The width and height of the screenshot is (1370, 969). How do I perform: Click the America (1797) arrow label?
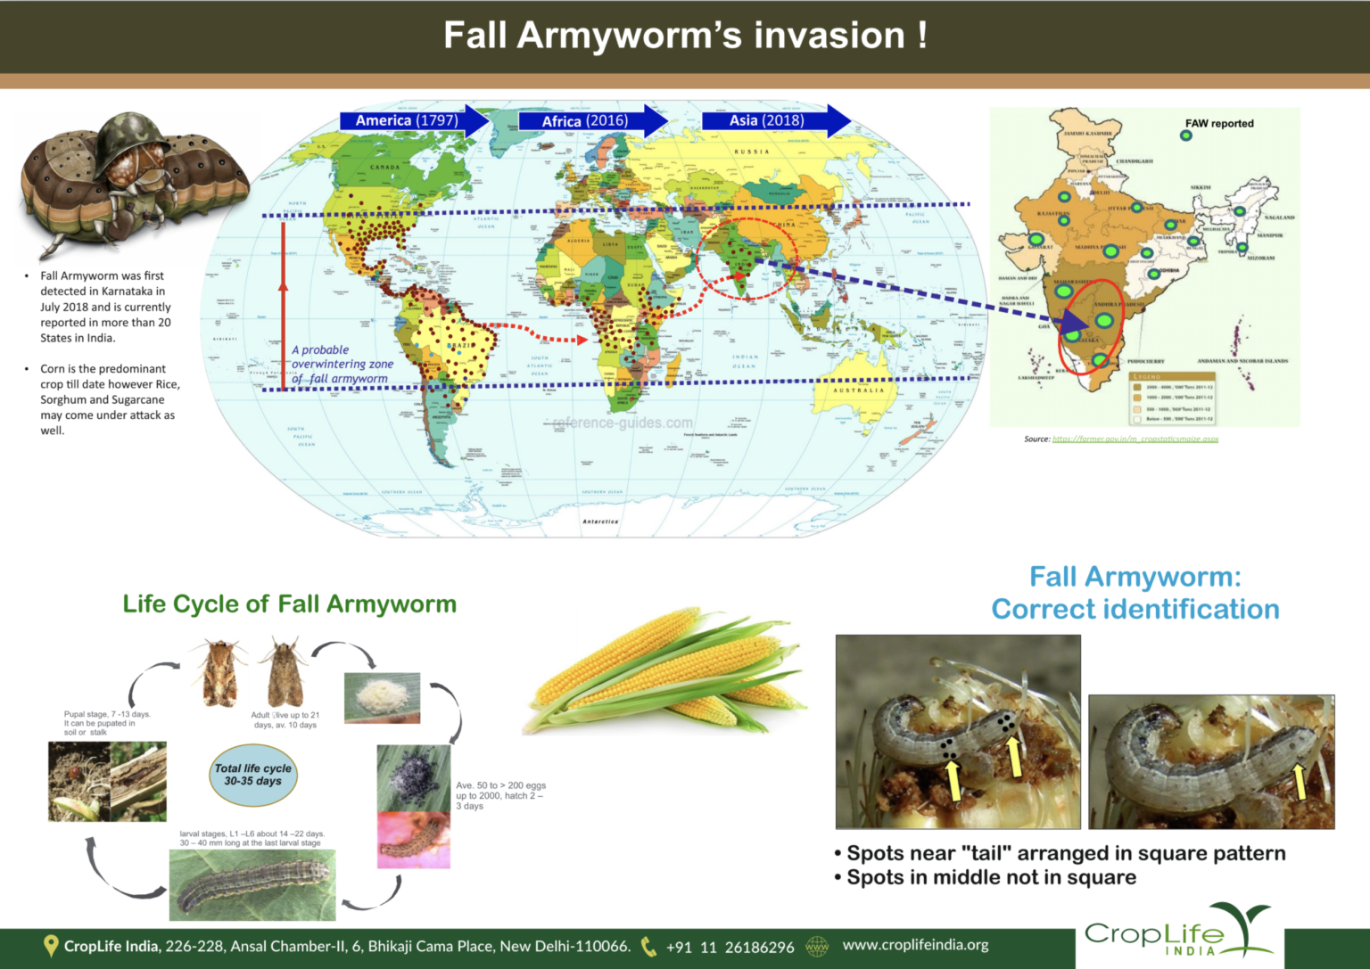pyautogui.click(x=407, y=120)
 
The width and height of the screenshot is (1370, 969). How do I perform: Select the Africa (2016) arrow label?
pyautogui.click(x=585, y=121)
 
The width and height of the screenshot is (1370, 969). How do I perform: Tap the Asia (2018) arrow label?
pyautogui.click(x=766, y=120)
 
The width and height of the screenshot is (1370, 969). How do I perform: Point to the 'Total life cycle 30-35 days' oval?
pyautogui.click(x=253, y=774)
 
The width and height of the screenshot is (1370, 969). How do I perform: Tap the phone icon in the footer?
pyautogui.click(x=648, y=947)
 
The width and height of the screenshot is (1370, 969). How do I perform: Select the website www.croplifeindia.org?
pyautogui.click(x=915, y=945)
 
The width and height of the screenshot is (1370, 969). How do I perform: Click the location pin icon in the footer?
pyautogui.click(x=51, y=946)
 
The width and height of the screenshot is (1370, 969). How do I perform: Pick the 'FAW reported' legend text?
pyautogui.click(x=1219, y=124)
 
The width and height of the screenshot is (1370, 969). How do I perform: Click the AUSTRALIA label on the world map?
pyautogui.click(x=859, y=390)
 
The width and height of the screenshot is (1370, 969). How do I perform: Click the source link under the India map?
pyautogui.click(x=1135, y=439)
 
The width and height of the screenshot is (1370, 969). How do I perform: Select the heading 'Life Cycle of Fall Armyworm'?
pyautogui.click(x=289, y=604)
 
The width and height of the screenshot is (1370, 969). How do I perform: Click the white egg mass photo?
pyautogui.click(x=382, y=696)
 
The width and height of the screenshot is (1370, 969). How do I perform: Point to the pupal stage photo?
pyautogui.click(x=107, y=781)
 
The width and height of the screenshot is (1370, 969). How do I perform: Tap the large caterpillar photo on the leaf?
pyautogui.click(x=252, y=884)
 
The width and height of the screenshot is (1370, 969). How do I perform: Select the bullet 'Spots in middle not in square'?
pyautogui.click(x=991, y=877)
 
